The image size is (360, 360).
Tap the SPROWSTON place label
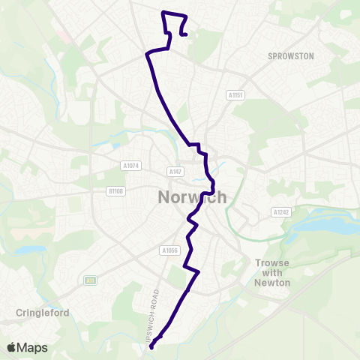coord(290,56)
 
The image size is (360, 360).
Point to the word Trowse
coord(271,263)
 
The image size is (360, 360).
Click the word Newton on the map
coord(272,282)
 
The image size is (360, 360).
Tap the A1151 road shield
coord(235,95)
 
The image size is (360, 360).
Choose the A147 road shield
coord(175,172)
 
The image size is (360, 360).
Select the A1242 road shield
coord(281,212)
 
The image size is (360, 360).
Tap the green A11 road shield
coord(90,280)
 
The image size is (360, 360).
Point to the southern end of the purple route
coord(151,347)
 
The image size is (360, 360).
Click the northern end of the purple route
coord(184,32)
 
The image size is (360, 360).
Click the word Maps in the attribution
coord(33,347)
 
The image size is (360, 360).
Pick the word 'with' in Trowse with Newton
coord(271,273)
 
